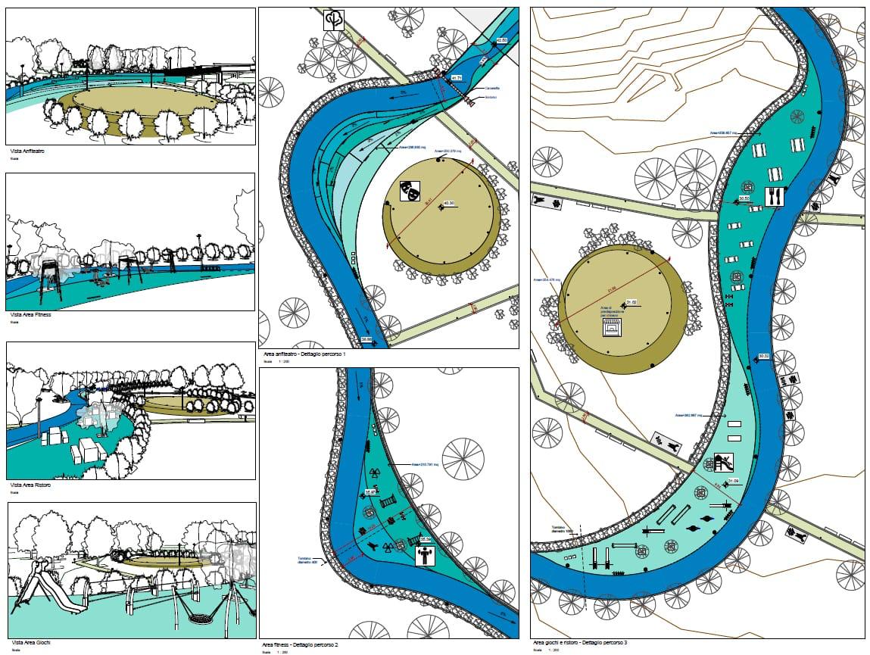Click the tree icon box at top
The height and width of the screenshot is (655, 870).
pyautogui.click(x=334, y=20)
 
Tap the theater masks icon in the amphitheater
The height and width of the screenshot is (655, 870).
pyautogui.click(x=410, y=189)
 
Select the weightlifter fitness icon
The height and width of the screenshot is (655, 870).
pyautogui.click(x=425, y=557)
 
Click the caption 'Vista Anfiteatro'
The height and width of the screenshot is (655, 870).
pyautogui.click(x=27, y=152)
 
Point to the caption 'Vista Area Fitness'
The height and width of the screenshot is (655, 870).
pyautogui.click(x=30, y=314)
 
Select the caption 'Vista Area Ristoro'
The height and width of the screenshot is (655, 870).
pyautogui.click(x=30, y=485)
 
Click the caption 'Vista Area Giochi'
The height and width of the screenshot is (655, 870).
pyautogui.click(x=29, y=642)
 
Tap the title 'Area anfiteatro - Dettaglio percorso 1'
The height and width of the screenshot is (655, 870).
pyautogui.click(x=304, y=354)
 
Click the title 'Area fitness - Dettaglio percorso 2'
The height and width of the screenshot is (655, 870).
pyautogui.click(x=300, y=644)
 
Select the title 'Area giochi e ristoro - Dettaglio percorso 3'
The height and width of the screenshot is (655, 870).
pyautogui.click(x=580, y=643)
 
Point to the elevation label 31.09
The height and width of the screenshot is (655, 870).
pyautogui.click(x=734, y=482)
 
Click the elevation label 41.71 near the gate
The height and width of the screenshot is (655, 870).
pyautogui.click(x=457, y=78)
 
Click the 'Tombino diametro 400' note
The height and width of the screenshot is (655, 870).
pyautogui.click(x=307, y=561)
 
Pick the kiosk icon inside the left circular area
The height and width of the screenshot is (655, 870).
pyautogui.click(x=610, y=328)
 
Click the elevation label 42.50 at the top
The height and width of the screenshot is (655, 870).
pyautogui.click(x=501, y=40)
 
